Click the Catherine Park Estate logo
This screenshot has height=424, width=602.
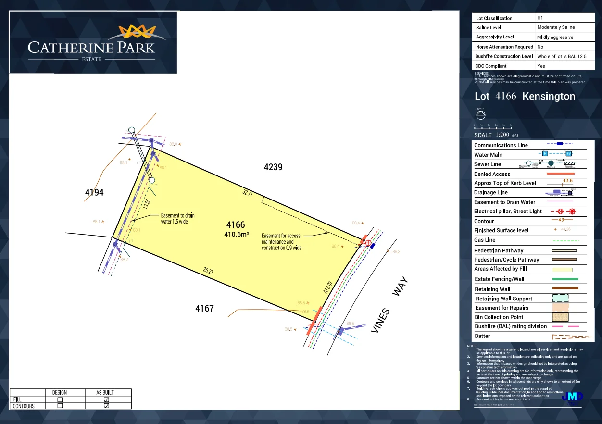tap(93, 42)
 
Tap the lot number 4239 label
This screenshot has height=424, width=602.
tap(273, 167)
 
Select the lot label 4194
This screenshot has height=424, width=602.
tap(94, 193)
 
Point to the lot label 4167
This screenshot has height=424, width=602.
tap(204, 308)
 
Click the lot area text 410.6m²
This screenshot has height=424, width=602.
tap(236, 235)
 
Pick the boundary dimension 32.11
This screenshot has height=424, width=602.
tap(248, 193)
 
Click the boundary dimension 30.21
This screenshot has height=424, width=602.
tap(208, 271)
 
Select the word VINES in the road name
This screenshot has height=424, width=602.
tap(380, 321)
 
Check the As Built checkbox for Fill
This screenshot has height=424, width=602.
tap(106, 399)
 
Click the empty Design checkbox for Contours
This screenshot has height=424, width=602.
tap(60, 406)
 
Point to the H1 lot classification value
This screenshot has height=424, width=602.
tap(540, 18)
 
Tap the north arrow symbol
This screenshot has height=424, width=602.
tap(480, 115)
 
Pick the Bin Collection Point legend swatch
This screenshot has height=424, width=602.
tap(560, 317)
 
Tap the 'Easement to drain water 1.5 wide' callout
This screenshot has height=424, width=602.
tap(177, 219)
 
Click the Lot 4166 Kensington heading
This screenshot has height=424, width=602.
tap(525, 96)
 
